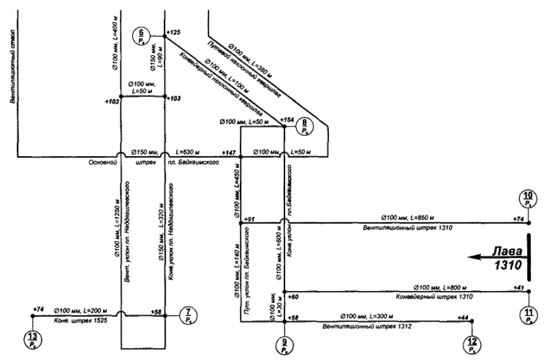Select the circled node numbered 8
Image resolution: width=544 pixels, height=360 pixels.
(305, 127)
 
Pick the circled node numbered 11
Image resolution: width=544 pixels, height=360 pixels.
(528, 315)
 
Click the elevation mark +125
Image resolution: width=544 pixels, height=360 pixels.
(173, 31)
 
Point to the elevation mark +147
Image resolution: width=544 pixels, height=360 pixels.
(229, 152)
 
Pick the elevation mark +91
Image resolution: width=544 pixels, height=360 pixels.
(248, 218)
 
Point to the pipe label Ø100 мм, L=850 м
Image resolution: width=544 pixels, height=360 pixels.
(408, 217)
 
